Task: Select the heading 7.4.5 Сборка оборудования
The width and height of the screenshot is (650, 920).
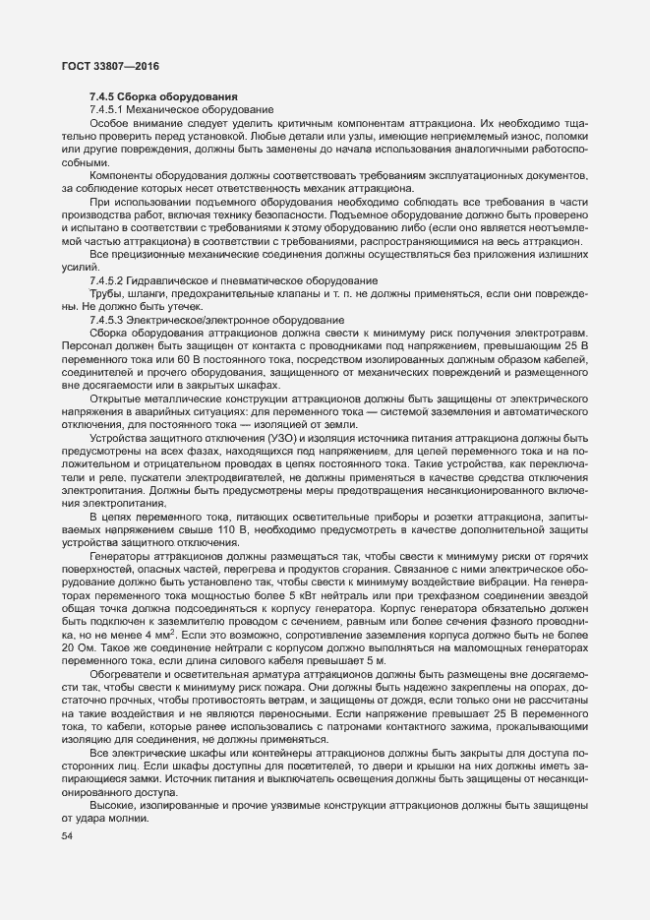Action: pyautogui.click(x=162, y=95)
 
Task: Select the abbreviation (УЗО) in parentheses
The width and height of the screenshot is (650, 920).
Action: pyautogui.click(x=260, y=436)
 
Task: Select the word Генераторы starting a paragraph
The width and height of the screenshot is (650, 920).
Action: pyautogui.click(x=121, y=555)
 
